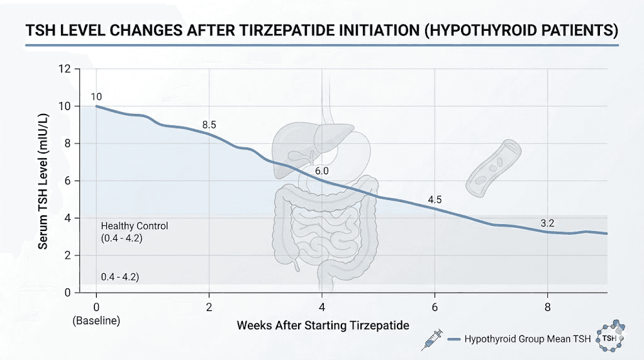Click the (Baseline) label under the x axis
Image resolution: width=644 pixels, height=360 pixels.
(96, 321)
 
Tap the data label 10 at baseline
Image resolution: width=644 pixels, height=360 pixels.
(96, 96)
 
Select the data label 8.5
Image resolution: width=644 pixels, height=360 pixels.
(209, 125)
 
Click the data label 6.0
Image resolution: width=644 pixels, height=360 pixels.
(322, 171)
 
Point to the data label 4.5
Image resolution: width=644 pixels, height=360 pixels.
(435, 200)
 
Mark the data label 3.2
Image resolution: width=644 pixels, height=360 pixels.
(548, 223)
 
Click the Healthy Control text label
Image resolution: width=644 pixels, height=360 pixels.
(135, 226)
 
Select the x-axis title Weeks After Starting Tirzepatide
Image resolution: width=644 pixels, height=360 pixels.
(323, 326)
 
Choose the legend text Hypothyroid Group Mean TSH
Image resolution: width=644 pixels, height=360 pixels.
(527, 340)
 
